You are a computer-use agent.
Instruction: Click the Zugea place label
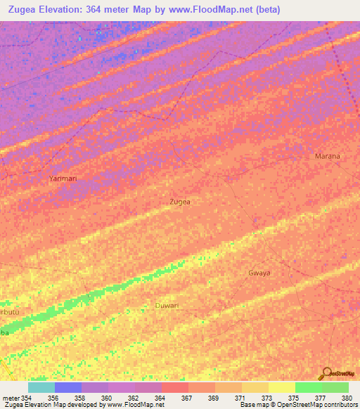(180, 202)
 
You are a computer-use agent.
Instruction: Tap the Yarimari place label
(63, 179)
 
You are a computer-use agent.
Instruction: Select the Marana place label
(327, 156)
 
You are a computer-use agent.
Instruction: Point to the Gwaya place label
(259, 273)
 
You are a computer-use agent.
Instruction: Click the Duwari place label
(167, 306)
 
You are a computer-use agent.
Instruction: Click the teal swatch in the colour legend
(41, 387)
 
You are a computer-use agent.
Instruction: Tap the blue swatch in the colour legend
(68, 387)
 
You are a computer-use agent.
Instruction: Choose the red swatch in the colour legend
(174, 387)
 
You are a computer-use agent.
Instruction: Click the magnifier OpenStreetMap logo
(326, 373)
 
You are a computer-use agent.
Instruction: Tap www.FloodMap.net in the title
(238, 9)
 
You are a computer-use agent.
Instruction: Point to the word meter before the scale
(11, 398)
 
